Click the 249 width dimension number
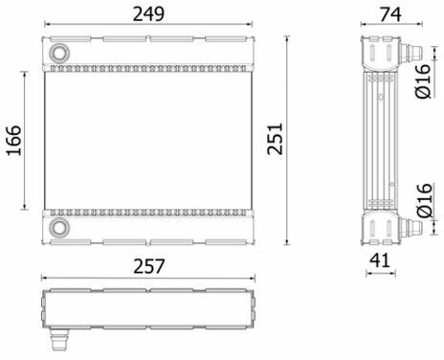[x=148, y=14]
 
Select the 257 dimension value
[x=149, y=266]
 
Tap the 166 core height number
[x=14, y=141]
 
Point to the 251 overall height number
[x=275, y=139]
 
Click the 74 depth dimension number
[x=390, y=14]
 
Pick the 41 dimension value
[x=380, y=260]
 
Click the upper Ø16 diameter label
[x=423, y=81]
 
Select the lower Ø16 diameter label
[x=425, y=201]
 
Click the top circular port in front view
[x=59, y=53]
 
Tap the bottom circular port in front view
[x=59, y=228]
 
